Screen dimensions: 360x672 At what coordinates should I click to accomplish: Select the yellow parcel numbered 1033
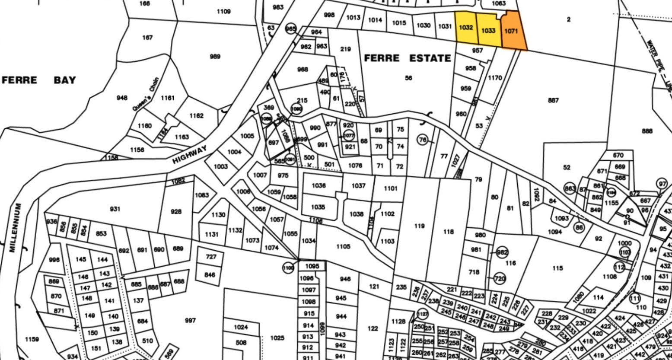coord(488,30)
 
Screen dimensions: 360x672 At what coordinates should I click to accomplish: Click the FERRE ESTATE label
coord(407,58)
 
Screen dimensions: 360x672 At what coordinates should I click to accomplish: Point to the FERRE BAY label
coord(39,80)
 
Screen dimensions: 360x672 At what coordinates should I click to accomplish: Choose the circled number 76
coord(423,140)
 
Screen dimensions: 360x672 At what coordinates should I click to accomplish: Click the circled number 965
coord(291,29)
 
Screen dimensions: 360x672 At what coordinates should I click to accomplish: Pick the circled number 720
coord(500,279)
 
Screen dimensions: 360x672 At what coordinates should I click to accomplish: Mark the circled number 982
coord(502,252)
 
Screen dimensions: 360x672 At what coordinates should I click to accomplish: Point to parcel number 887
coord(553,100)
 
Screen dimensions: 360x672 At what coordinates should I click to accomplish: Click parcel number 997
coord(190,320)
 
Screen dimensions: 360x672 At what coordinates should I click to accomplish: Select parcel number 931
coord(115,209)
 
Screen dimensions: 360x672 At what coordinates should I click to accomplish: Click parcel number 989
coord(215,57)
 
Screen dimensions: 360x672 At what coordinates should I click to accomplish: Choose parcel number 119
coord(419,226)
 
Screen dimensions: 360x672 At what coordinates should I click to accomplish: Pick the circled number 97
coord(662,183)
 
